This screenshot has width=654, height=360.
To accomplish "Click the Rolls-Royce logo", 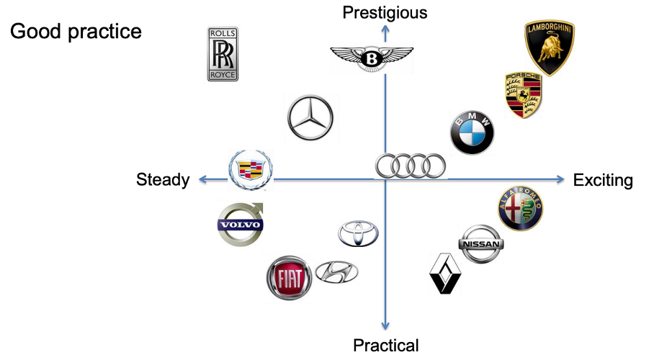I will [x=223, y=54].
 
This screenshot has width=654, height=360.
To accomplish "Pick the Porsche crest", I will [x=522, y=95].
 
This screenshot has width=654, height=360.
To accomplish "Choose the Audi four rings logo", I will [x=411, y=166].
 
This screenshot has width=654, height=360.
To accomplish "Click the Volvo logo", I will [x=241, y=225].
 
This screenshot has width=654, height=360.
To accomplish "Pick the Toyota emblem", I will [x=358, y=233].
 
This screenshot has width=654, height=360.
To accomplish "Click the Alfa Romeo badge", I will [x=520, y=208].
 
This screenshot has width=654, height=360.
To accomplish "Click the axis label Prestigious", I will [x=385, y=12].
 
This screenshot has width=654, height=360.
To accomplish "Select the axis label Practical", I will [x=385, y=346].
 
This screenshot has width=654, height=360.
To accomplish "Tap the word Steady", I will [x=163, y=180].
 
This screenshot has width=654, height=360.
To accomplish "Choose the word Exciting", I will [x=603, y=180].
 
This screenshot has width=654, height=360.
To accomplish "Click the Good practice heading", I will [x=76, y=32].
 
